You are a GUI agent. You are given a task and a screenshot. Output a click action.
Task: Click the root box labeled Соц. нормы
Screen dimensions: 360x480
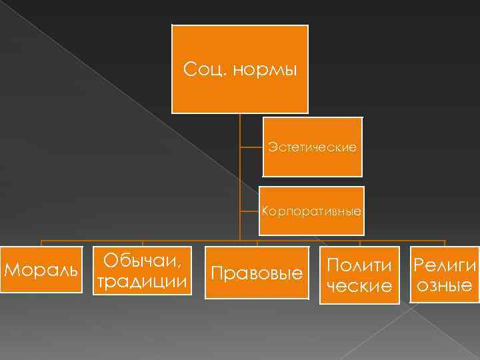240,69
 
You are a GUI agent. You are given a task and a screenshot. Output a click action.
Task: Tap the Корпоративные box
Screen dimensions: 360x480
313,211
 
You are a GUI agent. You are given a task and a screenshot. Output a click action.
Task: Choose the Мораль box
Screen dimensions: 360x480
41,270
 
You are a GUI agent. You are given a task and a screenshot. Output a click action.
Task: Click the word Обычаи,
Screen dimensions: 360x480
143,260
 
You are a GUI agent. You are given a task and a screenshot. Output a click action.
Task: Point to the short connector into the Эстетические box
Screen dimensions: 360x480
252,146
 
